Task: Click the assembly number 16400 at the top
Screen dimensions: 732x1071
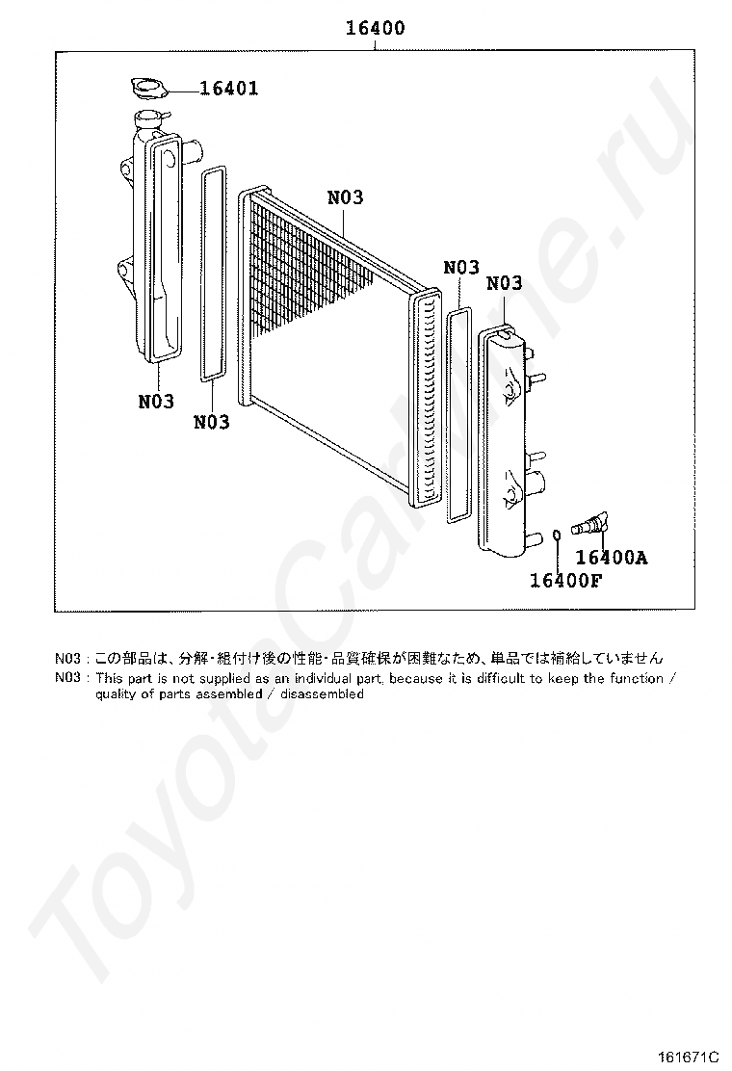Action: [375, 29]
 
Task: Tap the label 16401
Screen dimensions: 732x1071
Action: [228, 90]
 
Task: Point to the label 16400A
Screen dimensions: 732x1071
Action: [611, 558]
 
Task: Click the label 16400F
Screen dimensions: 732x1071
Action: [564, 580]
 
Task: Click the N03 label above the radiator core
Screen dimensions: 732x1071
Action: [345, 197]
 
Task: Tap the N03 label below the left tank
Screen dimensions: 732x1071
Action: [155, 402]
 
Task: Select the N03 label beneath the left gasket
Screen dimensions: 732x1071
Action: [211, 422]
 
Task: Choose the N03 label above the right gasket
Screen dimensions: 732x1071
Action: [460, 268]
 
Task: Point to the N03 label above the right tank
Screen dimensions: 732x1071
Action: [504, 283]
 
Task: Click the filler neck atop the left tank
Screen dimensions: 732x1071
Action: [147, 122]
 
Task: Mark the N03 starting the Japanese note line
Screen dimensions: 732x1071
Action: [67, 659]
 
